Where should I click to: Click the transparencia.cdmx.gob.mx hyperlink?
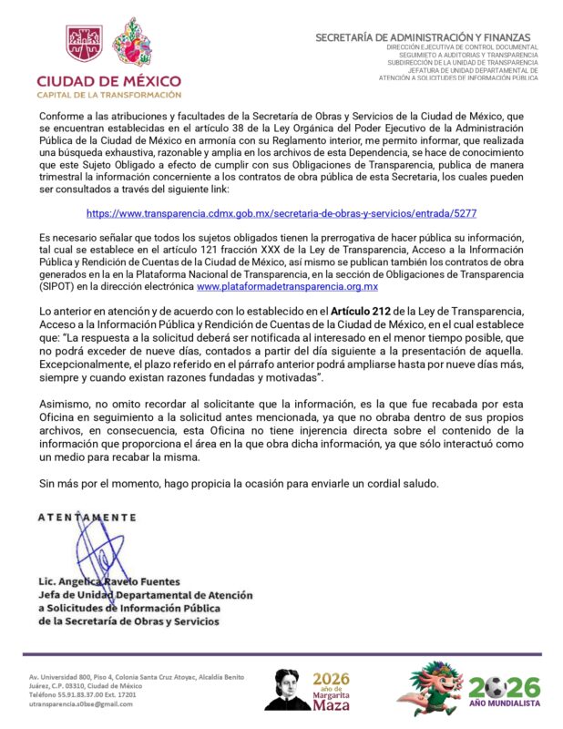tap(281, 212)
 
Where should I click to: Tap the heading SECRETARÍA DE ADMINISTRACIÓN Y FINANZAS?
tap(426, 37)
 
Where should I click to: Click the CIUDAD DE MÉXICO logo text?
tap(108, 80)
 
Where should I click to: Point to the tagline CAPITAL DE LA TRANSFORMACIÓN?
tap(108, 95)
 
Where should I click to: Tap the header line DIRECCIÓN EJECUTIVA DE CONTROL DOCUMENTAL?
tap(462, 46)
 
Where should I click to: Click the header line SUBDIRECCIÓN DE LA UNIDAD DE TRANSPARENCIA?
tap(462, 63)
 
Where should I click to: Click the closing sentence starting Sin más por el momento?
tap(239, 482)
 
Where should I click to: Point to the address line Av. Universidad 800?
tap(136, 678)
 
